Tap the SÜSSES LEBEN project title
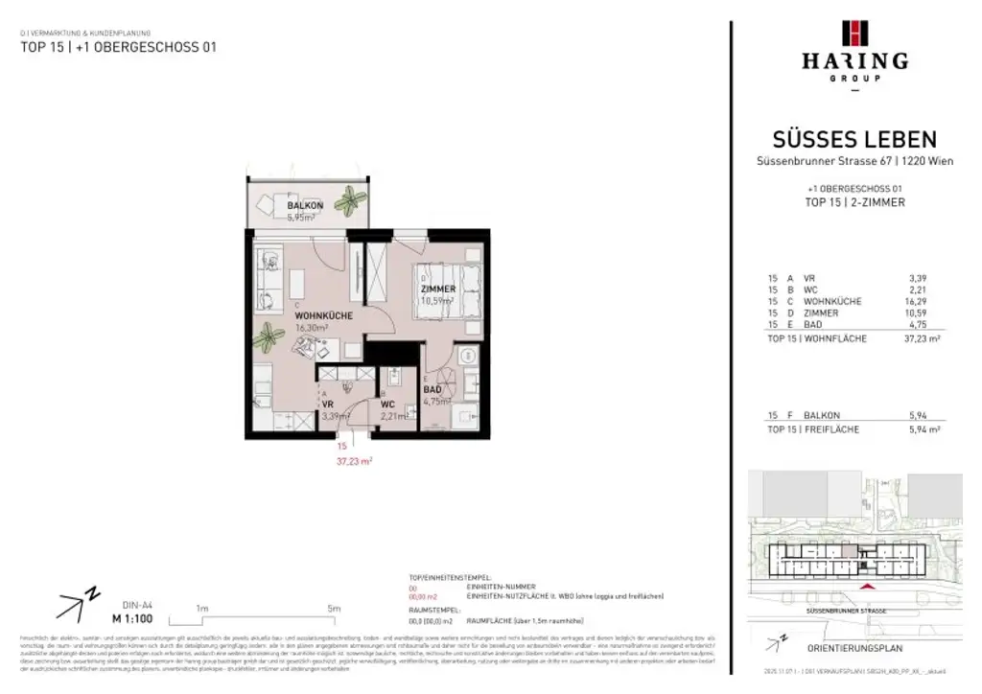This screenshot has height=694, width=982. coord(854,140)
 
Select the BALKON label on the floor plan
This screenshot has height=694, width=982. coord(306,206)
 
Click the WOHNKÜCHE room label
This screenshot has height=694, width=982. coord(324,315)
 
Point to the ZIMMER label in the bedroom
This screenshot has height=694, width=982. coord(437,289)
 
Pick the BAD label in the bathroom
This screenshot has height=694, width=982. coord(433,390)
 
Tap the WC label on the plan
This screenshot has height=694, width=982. coord(389,405)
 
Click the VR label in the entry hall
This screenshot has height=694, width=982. coord(327,405)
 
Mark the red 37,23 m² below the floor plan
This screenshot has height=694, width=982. coord(354,461)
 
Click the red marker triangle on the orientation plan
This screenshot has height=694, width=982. coord(868,586)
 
